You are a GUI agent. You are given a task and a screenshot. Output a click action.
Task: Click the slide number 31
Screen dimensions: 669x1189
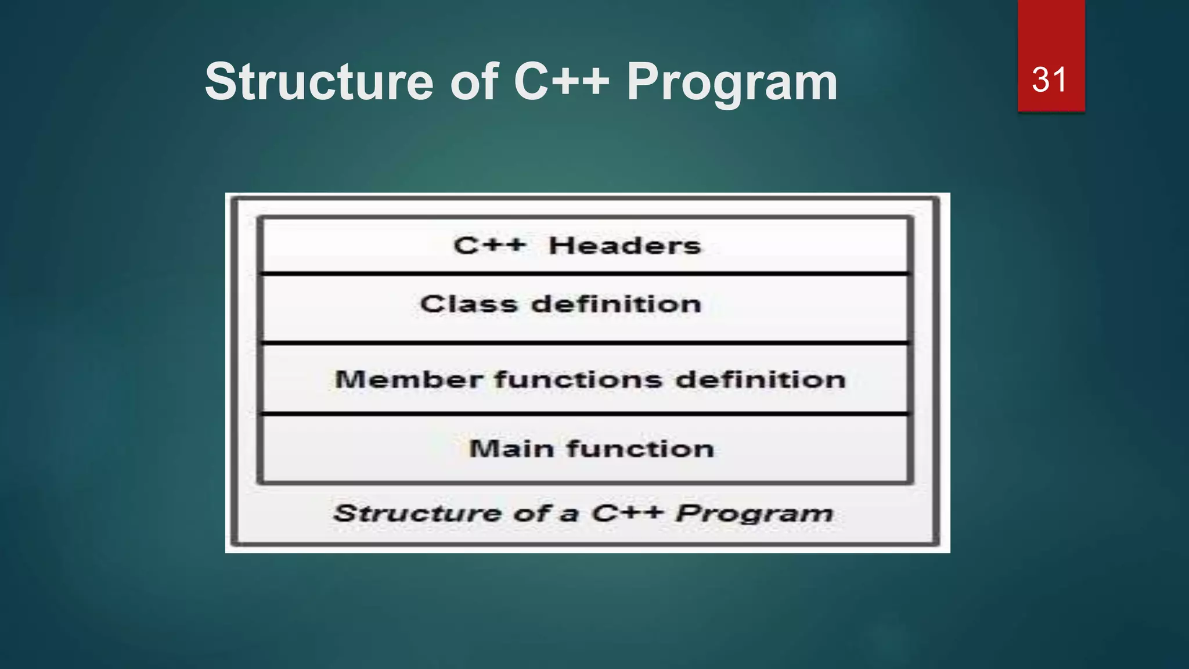tap(1050, 80)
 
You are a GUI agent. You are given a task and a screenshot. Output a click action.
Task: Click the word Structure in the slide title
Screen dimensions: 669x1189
tap(319, 82)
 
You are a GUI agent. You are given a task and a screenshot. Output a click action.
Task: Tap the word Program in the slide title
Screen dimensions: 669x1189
tap(732, 82)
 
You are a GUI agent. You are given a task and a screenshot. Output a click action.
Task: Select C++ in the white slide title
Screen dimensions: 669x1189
tap(561, 82)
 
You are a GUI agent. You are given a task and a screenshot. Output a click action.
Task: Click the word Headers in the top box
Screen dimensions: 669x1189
tap(625, 246)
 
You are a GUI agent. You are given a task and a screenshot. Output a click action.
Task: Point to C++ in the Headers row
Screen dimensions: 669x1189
tap(489, 246)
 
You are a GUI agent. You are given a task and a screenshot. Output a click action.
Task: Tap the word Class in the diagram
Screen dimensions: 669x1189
tap(469, 304)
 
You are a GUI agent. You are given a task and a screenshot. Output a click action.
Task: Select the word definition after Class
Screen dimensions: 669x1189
tap(616, 304)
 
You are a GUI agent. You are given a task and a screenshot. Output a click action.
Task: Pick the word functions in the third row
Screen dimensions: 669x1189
tap(578, 380)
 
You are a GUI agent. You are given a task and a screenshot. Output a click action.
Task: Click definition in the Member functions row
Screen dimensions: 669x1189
tap(761, 380)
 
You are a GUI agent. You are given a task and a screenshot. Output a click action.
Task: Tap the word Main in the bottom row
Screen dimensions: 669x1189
tap(511, 449)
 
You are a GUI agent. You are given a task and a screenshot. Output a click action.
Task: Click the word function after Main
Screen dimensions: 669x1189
tap(640, 449)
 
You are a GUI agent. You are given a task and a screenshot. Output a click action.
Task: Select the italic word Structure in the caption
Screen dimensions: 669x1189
tap(417, 513)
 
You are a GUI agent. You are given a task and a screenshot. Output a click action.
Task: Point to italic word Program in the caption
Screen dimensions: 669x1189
tap(755, 513)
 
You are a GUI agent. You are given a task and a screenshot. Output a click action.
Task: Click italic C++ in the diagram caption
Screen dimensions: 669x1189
tap(627, 513)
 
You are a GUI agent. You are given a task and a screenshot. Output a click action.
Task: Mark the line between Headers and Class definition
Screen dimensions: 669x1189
tap(584, 273)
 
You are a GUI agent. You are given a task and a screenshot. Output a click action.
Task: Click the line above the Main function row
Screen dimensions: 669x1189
tap(584, 413)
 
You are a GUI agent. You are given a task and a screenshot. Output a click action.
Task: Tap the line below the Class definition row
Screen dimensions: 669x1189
tap(584, 343)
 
